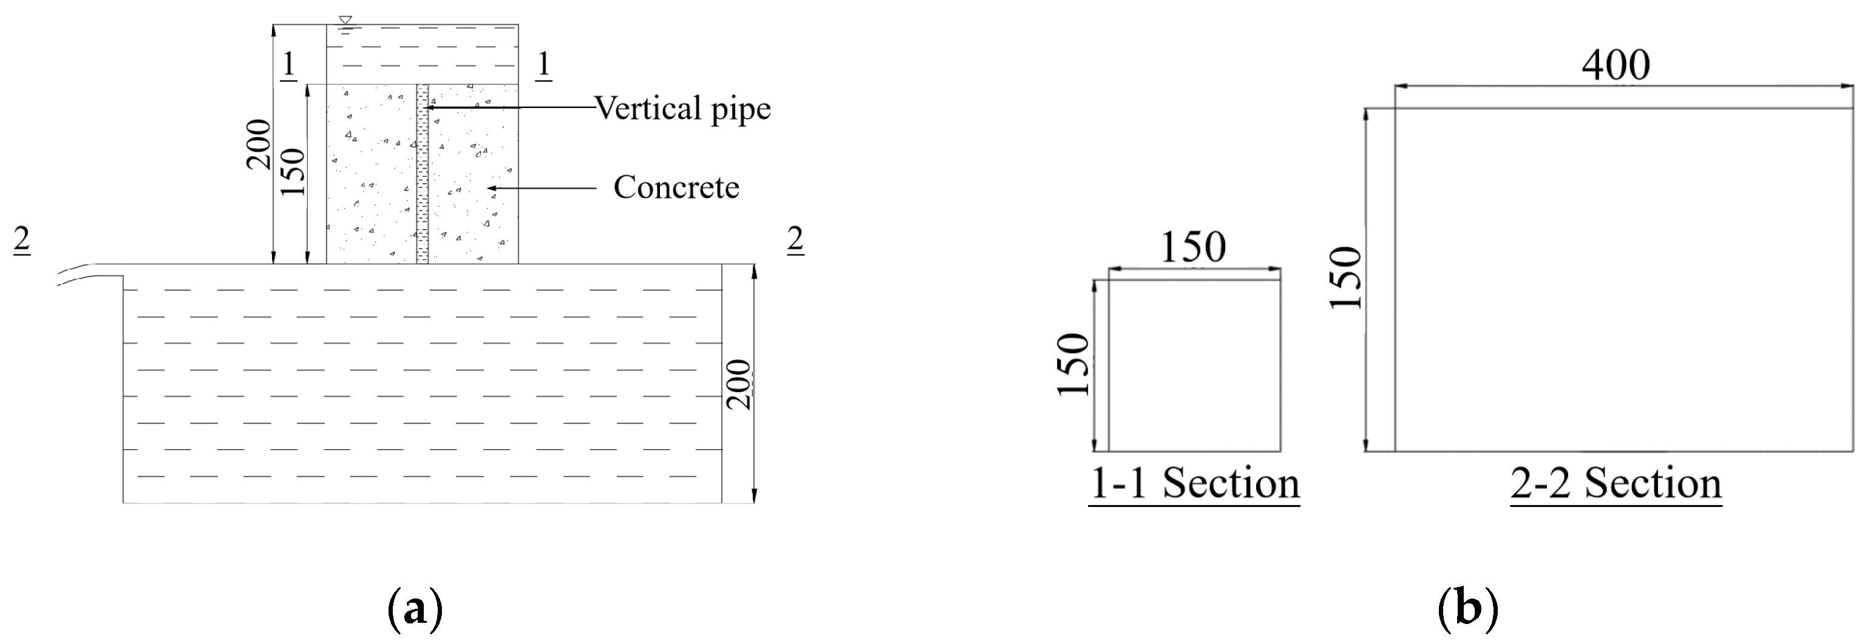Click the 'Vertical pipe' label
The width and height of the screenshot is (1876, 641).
pos(682,109)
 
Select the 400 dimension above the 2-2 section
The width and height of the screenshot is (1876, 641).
pos(1616,66)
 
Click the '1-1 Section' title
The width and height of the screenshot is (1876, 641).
pos(1194,483)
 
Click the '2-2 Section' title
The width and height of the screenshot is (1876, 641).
pos(1616,483)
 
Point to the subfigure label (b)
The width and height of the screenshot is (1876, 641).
pos(1467,609)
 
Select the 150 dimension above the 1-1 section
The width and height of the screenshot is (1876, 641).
pos(1193,248)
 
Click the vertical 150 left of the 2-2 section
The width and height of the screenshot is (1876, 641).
pos(1347,278)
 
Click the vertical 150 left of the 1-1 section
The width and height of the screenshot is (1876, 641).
pos(1073,364)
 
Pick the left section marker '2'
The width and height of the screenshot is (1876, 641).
pos(22,240)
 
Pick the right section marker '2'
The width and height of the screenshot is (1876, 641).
pos(795,240)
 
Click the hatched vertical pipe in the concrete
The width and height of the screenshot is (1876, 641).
pos(423,175)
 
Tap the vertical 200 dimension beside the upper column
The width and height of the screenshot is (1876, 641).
pos(259,144)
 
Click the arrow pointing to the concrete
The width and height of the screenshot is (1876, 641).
pos(543,188)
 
